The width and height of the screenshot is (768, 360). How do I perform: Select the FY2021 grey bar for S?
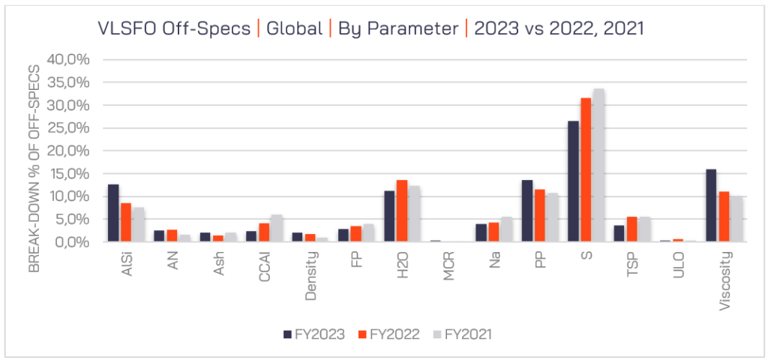point(598,165)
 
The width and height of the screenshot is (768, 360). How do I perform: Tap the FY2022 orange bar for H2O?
point(401,211)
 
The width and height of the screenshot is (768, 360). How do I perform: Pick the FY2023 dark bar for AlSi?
point(113,213)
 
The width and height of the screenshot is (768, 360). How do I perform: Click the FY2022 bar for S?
point(586,169)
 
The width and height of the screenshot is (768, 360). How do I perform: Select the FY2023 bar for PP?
point(527,211)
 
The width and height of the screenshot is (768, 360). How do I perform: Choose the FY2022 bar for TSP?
point(631,229)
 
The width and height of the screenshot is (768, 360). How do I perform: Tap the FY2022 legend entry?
point(387,334)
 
